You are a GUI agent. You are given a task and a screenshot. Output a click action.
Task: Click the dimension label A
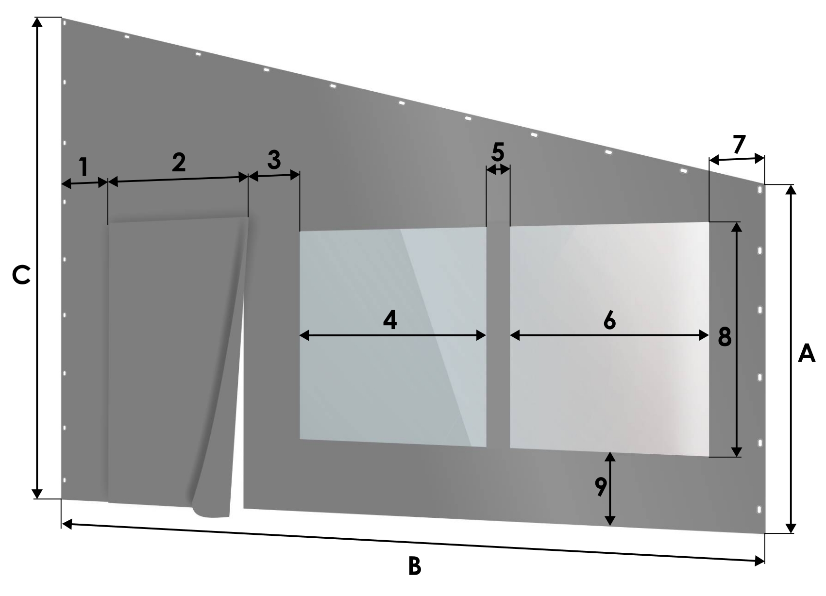807,353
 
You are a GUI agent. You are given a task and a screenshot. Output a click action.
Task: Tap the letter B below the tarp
415,566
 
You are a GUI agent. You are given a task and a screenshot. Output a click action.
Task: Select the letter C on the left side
21,276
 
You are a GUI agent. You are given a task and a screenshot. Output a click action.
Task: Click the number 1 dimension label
84,167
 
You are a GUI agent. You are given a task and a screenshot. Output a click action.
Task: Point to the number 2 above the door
179,162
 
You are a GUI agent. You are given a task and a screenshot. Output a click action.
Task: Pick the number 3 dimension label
274,160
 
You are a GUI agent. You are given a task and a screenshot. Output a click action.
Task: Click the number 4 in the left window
390,319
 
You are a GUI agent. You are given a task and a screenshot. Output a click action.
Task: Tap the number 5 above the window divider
498,152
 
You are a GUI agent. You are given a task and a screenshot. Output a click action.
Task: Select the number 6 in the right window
609,319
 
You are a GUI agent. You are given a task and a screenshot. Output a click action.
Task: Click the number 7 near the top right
739,144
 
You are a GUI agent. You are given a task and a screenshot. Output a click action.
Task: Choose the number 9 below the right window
600,487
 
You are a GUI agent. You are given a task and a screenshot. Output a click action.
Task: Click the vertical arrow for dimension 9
610,489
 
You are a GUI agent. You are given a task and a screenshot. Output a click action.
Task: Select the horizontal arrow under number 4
393,335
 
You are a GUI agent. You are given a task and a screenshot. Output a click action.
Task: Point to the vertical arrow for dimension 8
736,339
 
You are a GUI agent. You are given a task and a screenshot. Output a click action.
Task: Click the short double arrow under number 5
498,169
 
